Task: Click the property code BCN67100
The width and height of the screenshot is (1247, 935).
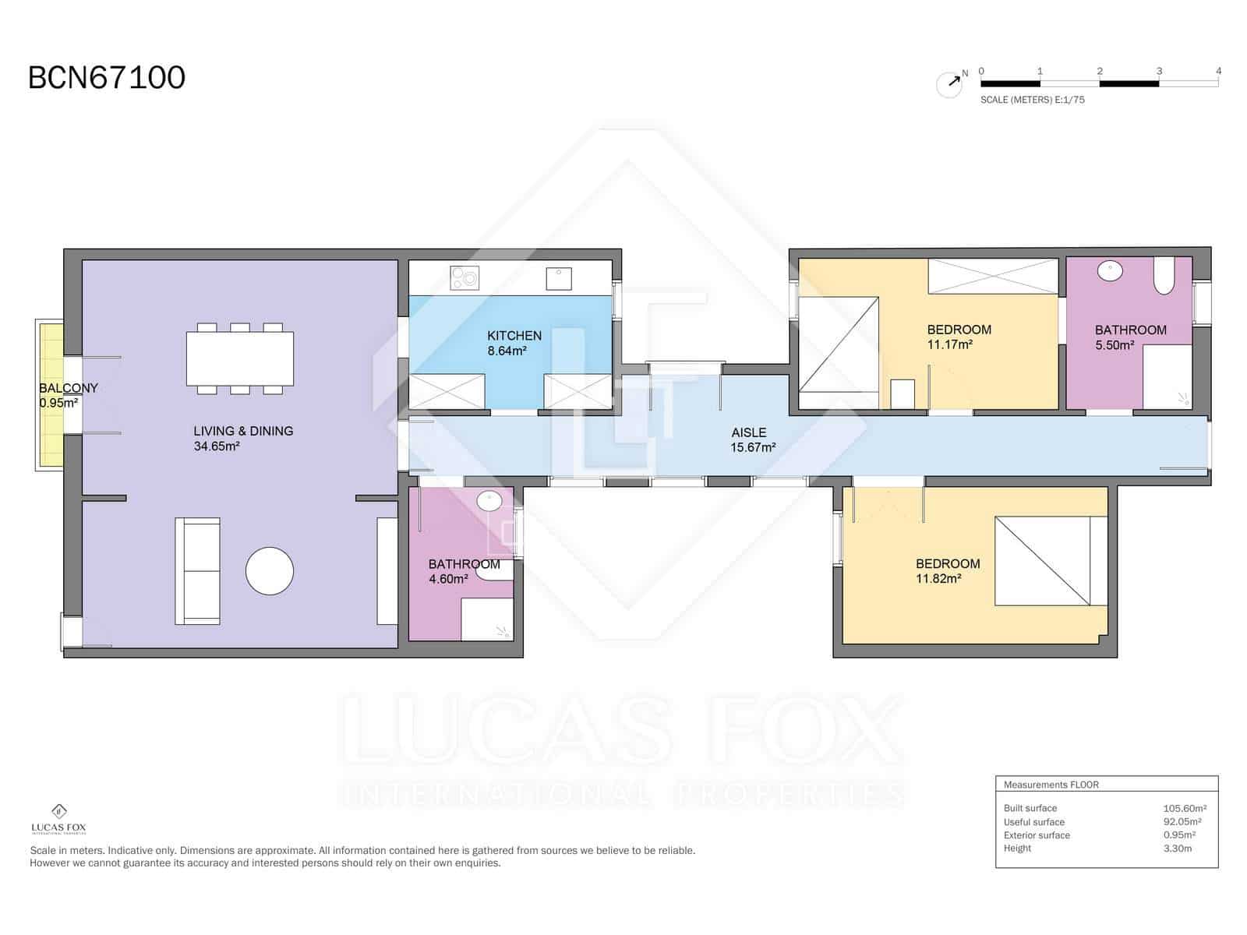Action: click(x=107, y=78)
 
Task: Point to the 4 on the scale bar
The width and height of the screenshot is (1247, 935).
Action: click(x=1218, y=71)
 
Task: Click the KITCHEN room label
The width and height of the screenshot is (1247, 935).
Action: click(x=514, y=336)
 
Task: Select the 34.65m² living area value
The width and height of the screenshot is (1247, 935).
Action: click(x=217, y=446)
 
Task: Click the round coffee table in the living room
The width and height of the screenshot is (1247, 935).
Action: click(x=270, y=571)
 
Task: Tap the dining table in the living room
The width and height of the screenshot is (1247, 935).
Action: click(x=240, y=358)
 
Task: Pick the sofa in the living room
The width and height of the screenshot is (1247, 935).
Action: click(x=198, y=571)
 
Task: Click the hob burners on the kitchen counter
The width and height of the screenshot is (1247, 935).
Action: click(x=465, y=277)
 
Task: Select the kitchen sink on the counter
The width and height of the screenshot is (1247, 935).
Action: click(x=559, y=278)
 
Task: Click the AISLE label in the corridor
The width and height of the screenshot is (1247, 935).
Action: click(x=748, y=432)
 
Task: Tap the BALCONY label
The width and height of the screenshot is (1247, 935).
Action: click(x=69, y=388)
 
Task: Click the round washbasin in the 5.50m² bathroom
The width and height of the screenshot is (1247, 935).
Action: click(x=1110, y=271)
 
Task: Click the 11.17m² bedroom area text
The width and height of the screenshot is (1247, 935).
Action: click(x=949, y=344)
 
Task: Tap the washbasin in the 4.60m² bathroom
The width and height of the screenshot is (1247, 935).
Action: click(x=489, y=501)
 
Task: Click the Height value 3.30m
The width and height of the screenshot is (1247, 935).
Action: click(x=1178, y=848)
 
